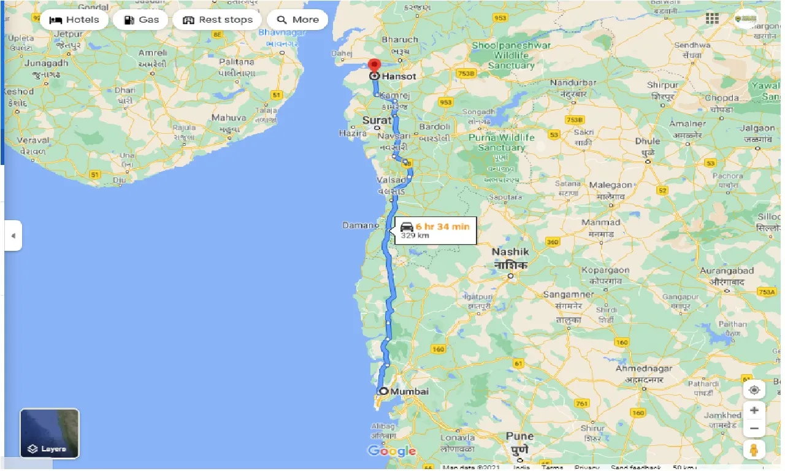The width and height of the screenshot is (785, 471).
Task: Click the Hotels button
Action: pos(75,20)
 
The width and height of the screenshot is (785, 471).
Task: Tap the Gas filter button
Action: pos(140,20)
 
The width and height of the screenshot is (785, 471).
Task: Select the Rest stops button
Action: pos(217,20)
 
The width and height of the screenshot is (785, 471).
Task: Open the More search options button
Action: pos(297,20)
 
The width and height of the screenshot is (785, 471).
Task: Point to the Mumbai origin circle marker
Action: pos(383,391)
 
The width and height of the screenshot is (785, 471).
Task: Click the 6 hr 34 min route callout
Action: pos(434,230)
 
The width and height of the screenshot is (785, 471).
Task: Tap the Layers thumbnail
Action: pos(50,434)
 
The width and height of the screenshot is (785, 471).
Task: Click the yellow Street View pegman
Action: pos(754,450)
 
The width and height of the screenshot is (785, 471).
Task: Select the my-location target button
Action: pos(754,390)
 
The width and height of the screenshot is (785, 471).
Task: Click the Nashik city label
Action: pos(510,251)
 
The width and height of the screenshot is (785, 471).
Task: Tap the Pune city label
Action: pos(519,436)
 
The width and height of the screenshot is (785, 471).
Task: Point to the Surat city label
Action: pos(377,121)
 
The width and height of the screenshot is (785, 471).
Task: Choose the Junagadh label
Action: pos(47,63)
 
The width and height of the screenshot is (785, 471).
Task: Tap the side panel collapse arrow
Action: pos(13,235)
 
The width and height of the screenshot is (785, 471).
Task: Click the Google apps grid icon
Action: pos(712,18)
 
